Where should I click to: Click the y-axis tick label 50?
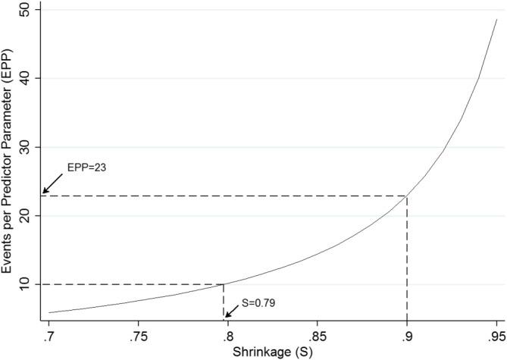coord(25,10)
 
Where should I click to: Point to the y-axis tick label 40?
coord(25,78)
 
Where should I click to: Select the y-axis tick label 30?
coord(25,147)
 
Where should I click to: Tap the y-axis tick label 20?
coord(25,216)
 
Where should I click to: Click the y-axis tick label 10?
coord(25,284)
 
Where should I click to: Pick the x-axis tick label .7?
coord(49,336)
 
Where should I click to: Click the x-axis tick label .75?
coord(138,336)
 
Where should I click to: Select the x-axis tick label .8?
coord(227,336)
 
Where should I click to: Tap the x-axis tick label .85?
coord(317,336)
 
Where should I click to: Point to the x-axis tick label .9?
coord(407,336)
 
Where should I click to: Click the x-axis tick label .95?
coord(496,336)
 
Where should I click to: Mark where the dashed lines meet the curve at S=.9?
coord(407,196)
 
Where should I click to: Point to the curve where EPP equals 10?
coord(224,284)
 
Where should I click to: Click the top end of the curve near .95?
coord(496,20)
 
